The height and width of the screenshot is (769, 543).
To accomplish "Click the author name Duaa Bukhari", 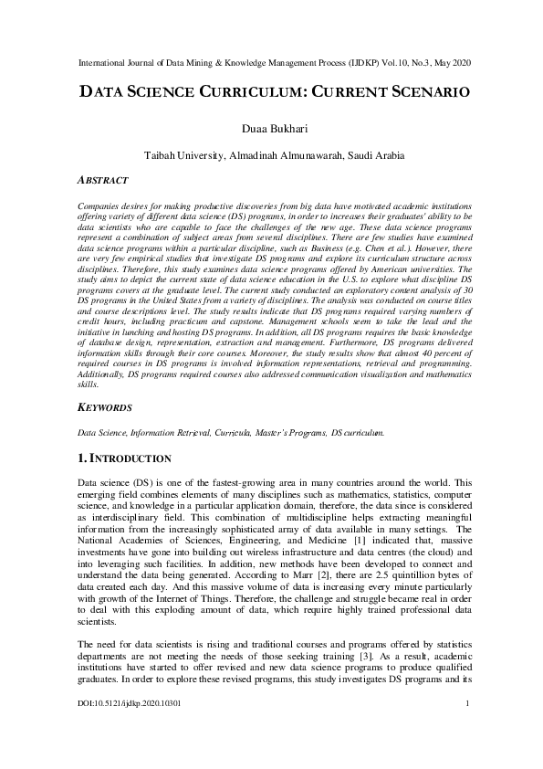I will [x=271, y=129].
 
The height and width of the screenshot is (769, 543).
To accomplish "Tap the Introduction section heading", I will [x=127, y=457].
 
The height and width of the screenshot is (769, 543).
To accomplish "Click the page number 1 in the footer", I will [x=467, y=728].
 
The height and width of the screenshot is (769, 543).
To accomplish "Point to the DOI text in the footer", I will [x=118, y=728].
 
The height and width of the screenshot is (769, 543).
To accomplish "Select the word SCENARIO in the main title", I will [x=415, y=92].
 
